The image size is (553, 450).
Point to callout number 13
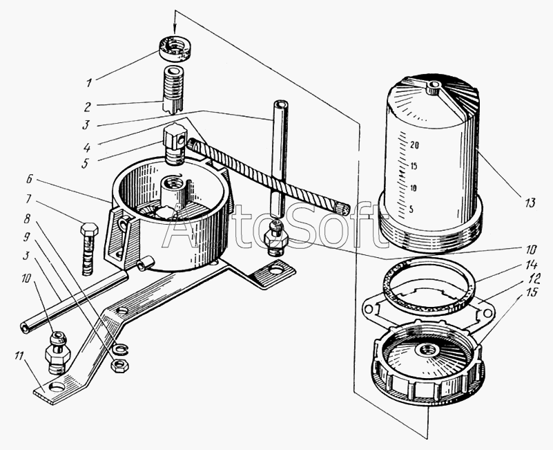(x=528, y=203)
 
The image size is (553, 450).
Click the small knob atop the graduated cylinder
(x=434, y=88)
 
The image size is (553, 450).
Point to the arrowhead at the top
(x=175, y=28)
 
